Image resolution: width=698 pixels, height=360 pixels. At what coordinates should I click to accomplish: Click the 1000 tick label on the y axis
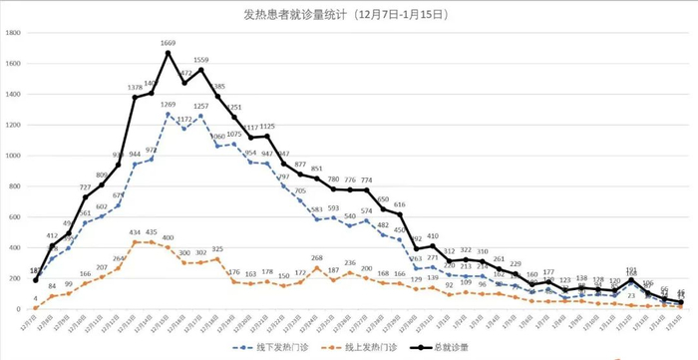tap(13, 157)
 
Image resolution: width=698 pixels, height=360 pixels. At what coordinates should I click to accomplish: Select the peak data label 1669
tap(168, 44)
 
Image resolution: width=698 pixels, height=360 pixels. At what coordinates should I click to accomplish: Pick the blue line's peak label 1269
tap(168, 105)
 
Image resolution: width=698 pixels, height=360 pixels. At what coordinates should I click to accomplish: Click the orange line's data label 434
tap(135, 233)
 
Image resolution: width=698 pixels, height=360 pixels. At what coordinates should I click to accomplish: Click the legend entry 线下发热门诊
tap(273, 347)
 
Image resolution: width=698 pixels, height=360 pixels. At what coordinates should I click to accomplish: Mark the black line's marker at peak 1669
tap(168, 53)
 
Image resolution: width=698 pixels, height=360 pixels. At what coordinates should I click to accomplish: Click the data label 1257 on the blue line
tap(200, 107)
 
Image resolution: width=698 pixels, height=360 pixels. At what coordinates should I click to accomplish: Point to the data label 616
tap(399, 205)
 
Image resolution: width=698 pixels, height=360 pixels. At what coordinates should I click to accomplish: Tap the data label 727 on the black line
tap(85, 187)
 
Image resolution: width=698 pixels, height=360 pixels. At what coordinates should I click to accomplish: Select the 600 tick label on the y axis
tap(15, 218)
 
